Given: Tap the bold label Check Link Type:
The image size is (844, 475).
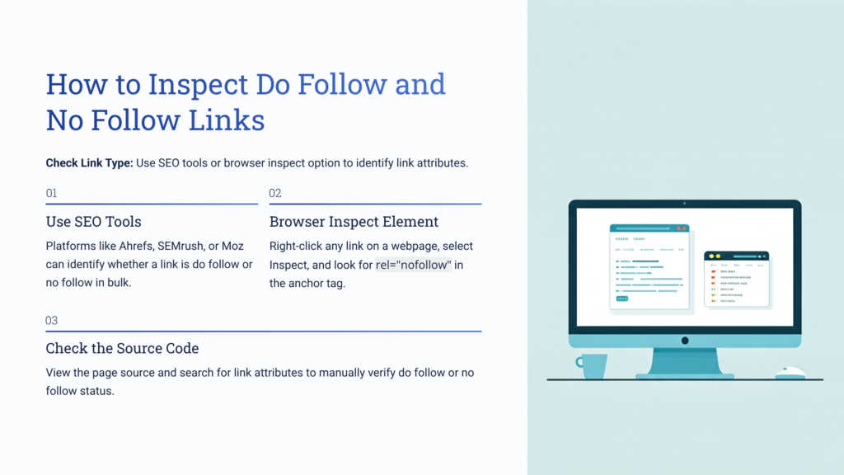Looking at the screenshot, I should tap(89, 163).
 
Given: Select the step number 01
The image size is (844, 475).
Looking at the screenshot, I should tap(51, 194).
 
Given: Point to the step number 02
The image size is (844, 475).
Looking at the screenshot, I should tap(275, 194).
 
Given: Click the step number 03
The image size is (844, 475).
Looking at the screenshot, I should tap(51, 321).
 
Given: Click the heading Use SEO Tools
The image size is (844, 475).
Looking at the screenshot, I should tap(93, 222).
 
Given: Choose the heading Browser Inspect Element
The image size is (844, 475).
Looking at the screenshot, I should tap(354, 222).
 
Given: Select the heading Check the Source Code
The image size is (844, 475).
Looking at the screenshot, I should tap(122, 349).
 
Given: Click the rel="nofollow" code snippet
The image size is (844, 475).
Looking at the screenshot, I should tap(414, 265).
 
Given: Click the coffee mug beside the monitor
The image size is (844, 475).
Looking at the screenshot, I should tap(592, 365).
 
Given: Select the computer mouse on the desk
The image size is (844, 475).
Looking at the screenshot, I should tap(790, 373).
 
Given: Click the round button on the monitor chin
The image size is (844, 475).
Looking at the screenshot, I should tap(685, 341).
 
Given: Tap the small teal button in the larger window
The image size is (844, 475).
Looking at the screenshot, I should tap(621, 298).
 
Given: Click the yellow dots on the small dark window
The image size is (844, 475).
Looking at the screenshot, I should tap(713, 256).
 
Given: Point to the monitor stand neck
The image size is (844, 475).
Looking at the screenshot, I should tap(685, 360).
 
